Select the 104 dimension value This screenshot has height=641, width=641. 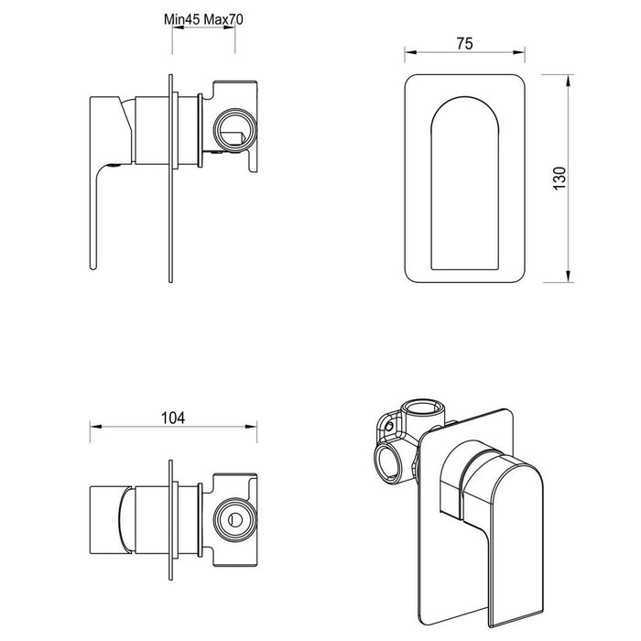(173, 418)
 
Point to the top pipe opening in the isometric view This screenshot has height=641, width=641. (422, 409)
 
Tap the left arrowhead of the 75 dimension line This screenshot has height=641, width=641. (407, 53)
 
